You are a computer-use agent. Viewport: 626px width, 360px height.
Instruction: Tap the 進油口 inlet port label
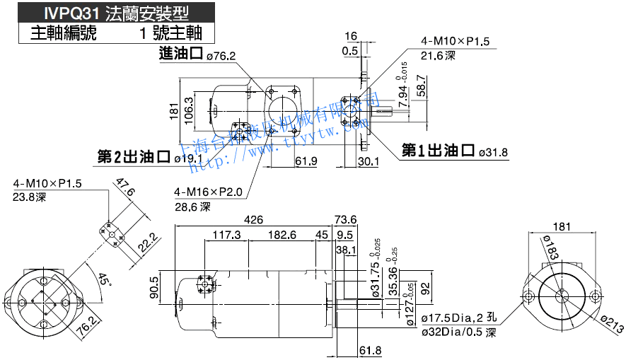click(x=182, y=54)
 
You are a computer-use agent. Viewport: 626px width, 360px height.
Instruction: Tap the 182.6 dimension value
click(x=282, y=235)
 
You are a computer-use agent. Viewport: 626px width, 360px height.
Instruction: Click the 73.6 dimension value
click(x=345, y=219)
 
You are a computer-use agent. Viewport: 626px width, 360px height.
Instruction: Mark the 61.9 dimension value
click(x=306, y=162)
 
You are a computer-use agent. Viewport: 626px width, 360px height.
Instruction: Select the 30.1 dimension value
click(x=368, y=162)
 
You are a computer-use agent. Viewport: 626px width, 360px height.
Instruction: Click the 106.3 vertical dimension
click(x=189, y=111)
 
